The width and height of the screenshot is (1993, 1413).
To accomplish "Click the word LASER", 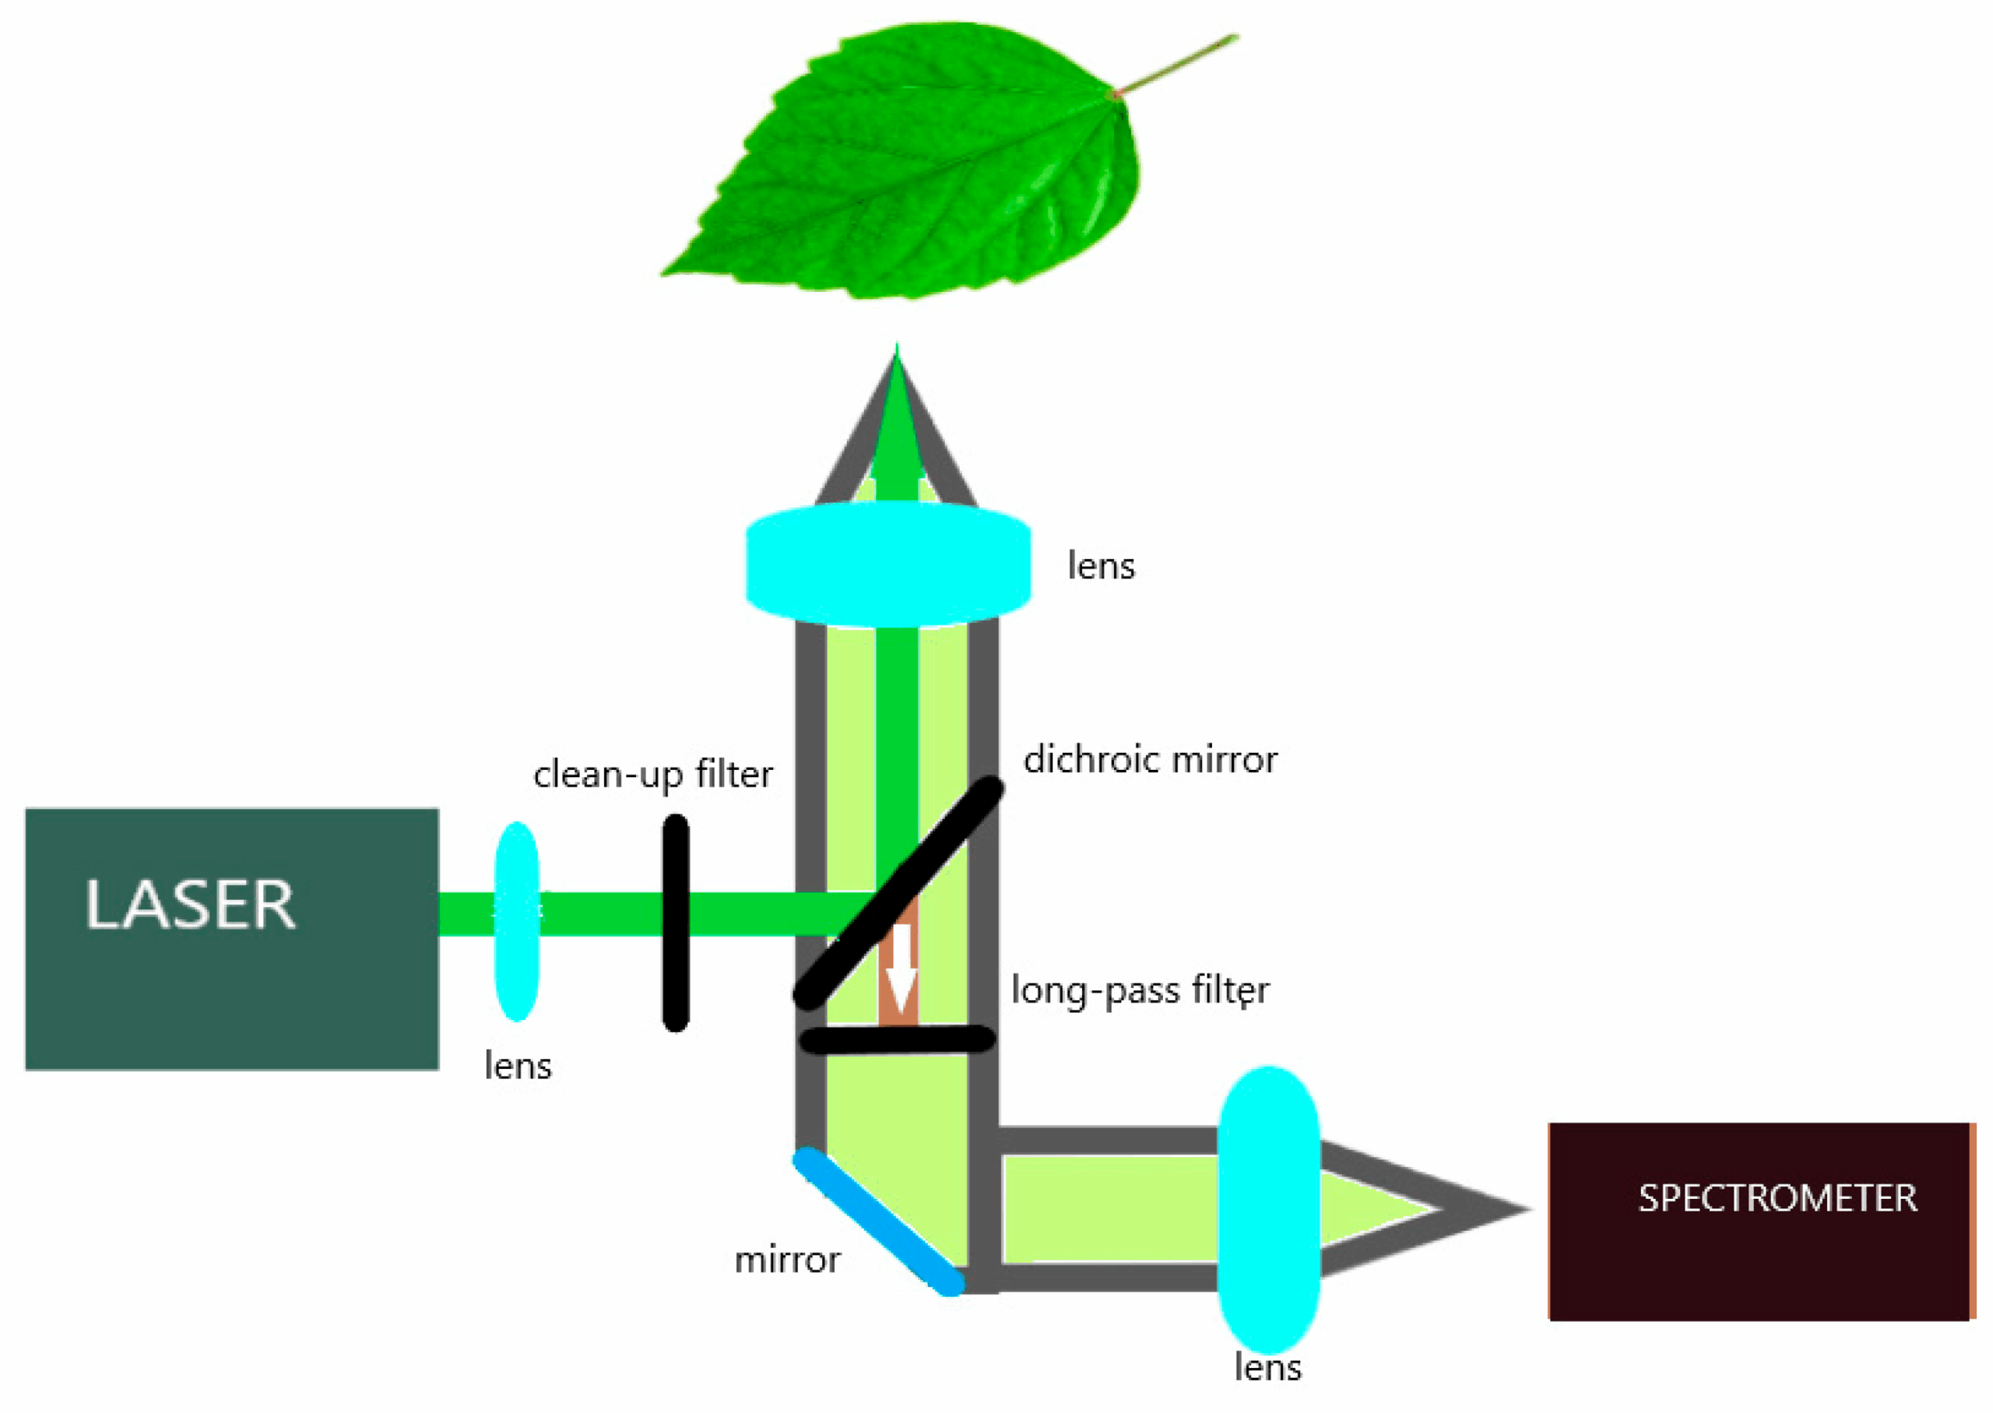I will click(190, 905).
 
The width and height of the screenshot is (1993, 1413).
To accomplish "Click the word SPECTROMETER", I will click(1777, 1198).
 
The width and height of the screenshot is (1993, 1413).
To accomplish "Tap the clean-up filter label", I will click(652, 775).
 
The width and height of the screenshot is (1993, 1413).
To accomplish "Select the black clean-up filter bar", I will click(676, 923).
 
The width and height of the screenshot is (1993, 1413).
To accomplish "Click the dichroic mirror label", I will click(1150, 760).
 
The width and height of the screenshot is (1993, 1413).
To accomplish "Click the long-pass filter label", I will click(1140, 990).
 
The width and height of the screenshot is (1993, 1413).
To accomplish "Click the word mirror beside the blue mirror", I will click(787, 1260).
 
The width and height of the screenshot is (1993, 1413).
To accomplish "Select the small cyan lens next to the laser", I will click(518, 920).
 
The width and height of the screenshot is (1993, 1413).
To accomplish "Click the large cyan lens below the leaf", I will click(888, 564).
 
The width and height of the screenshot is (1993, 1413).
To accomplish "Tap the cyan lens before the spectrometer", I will click(1268, 1209).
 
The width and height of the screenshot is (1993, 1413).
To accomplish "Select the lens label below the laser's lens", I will click(518, 1066).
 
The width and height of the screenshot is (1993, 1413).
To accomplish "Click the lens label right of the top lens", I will click(1102, 567).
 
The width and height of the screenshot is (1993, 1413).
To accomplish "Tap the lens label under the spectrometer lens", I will click(1267, 1368).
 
